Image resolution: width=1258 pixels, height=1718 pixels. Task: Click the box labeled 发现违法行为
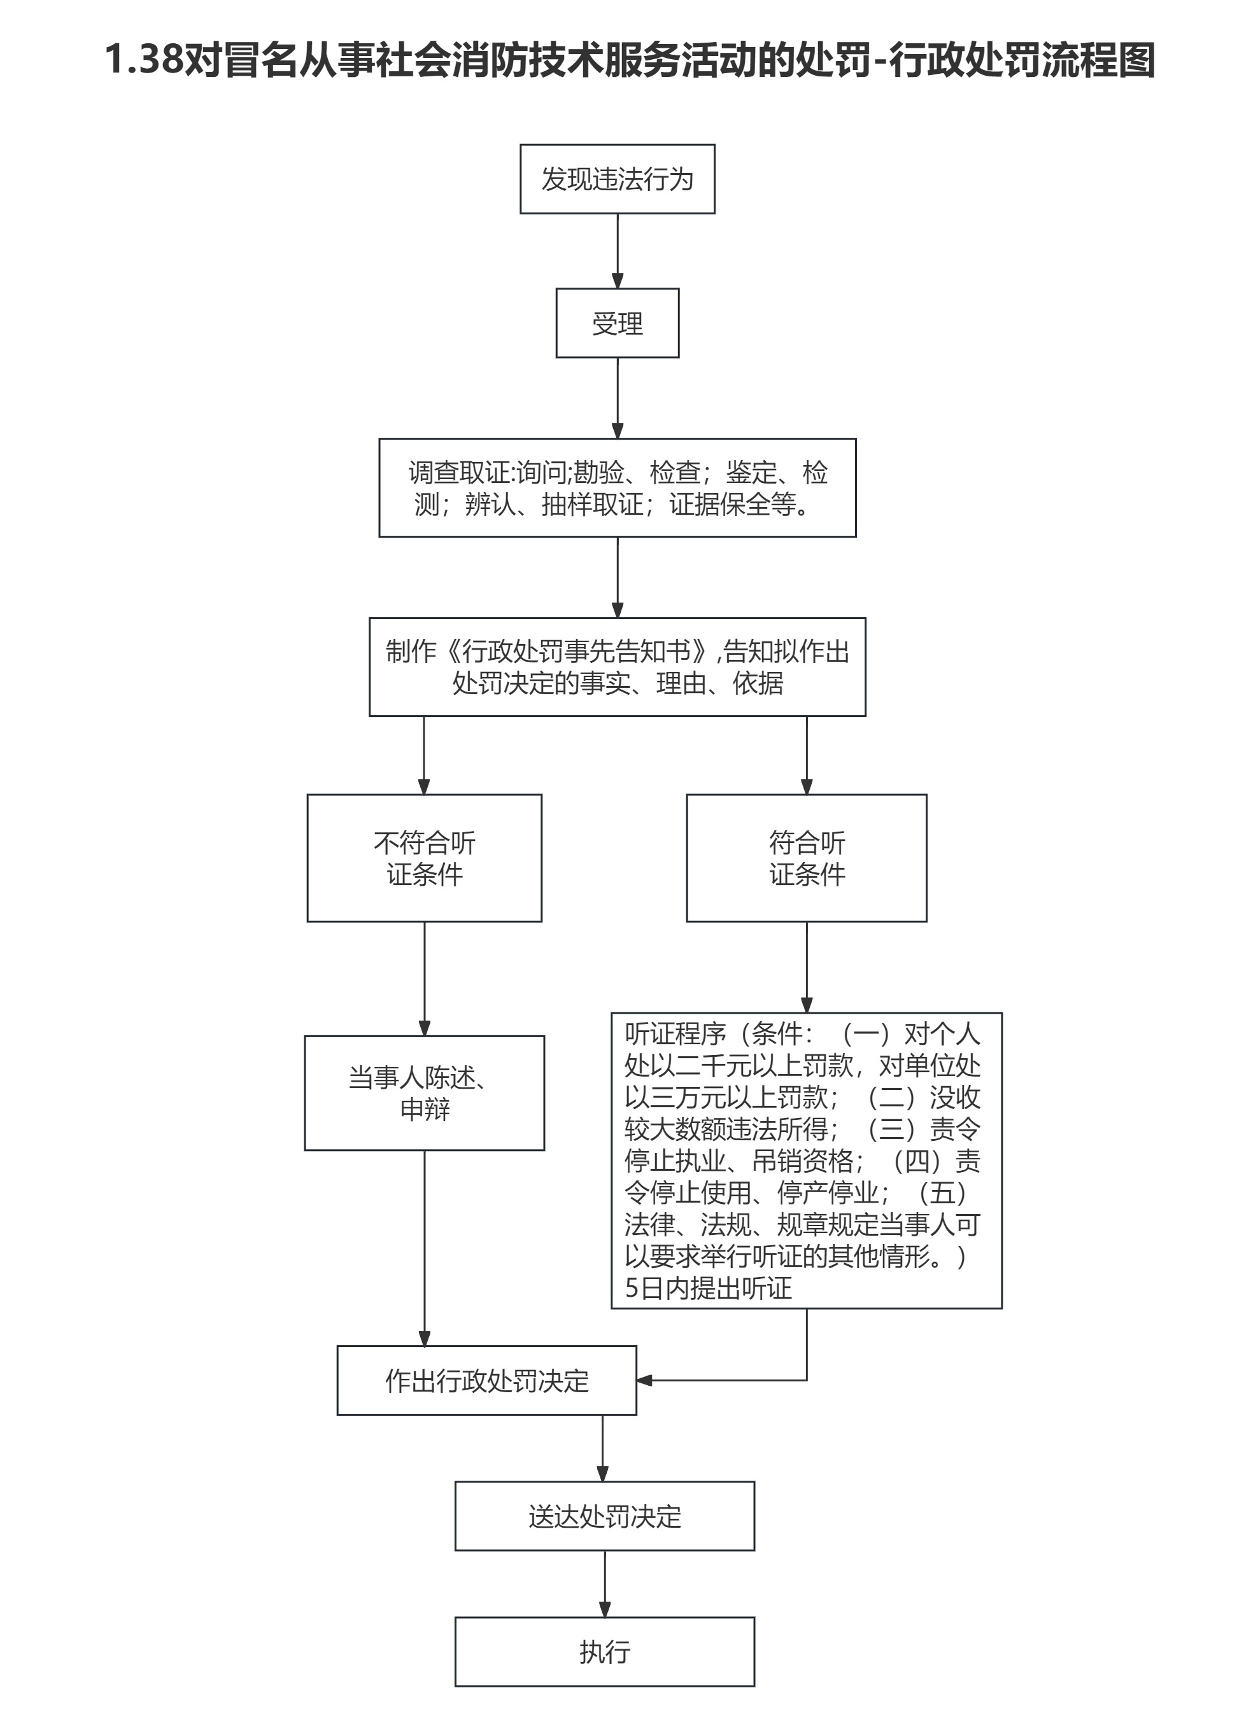[x=617, y=179]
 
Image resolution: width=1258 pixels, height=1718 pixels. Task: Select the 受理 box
[x=617, y=323]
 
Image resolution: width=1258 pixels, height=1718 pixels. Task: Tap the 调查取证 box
[x=617, y=487]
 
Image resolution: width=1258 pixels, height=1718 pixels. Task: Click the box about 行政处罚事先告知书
[x=617, y=667]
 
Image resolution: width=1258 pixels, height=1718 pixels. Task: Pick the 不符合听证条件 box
[x=424, y=858]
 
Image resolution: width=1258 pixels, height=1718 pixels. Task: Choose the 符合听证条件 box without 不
[x=807, y=858]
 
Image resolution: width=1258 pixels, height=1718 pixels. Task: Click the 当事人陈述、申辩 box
[x=424, y=1093]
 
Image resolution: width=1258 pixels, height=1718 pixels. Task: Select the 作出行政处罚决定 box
[x=486, y=1381]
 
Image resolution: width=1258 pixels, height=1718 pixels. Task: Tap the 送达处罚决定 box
[x=605, y=1516]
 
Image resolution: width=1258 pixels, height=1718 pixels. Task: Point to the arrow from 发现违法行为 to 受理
[x=618, y=251]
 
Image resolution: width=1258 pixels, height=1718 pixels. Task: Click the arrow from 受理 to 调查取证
[x=618, y=397]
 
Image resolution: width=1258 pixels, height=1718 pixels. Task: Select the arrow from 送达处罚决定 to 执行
[x=605, y=1583]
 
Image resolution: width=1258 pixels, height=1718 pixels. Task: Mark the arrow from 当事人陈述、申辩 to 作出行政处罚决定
[x=424, y=1248]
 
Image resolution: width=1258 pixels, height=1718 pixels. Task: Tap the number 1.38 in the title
[x=144, y=59]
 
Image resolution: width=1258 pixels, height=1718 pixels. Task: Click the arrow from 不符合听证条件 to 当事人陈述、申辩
[x=424, y=978]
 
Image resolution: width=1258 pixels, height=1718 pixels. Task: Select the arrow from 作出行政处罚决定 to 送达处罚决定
[x=602, y=1448]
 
